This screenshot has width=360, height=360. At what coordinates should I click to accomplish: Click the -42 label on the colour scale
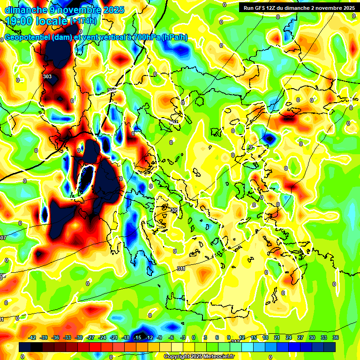(x=32, y=337)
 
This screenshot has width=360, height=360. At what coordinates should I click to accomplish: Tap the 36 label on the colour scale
(x=335, y=337)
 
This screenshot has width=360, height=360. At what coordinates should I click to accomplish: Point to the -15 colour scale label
(x=137, y=337)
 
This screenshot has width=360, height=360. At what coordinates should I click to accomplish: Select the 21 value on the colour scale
(x=277, y=337)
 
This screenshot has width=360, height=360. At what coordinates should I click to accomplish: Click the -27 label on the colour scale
(x=91, y=337)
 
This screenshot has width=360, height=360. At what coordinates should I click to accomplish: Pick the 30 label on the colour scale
(x=312, y=337)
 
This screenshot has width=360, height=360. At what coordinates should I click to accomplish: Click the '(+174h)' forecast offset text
(x=83, y=21)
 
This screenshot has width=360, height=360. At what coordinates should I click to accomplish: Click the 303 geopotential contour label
(x=47, y=76)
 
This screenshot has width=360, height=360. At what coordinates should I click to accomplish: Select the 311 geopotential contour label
(x=181, y=269)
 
